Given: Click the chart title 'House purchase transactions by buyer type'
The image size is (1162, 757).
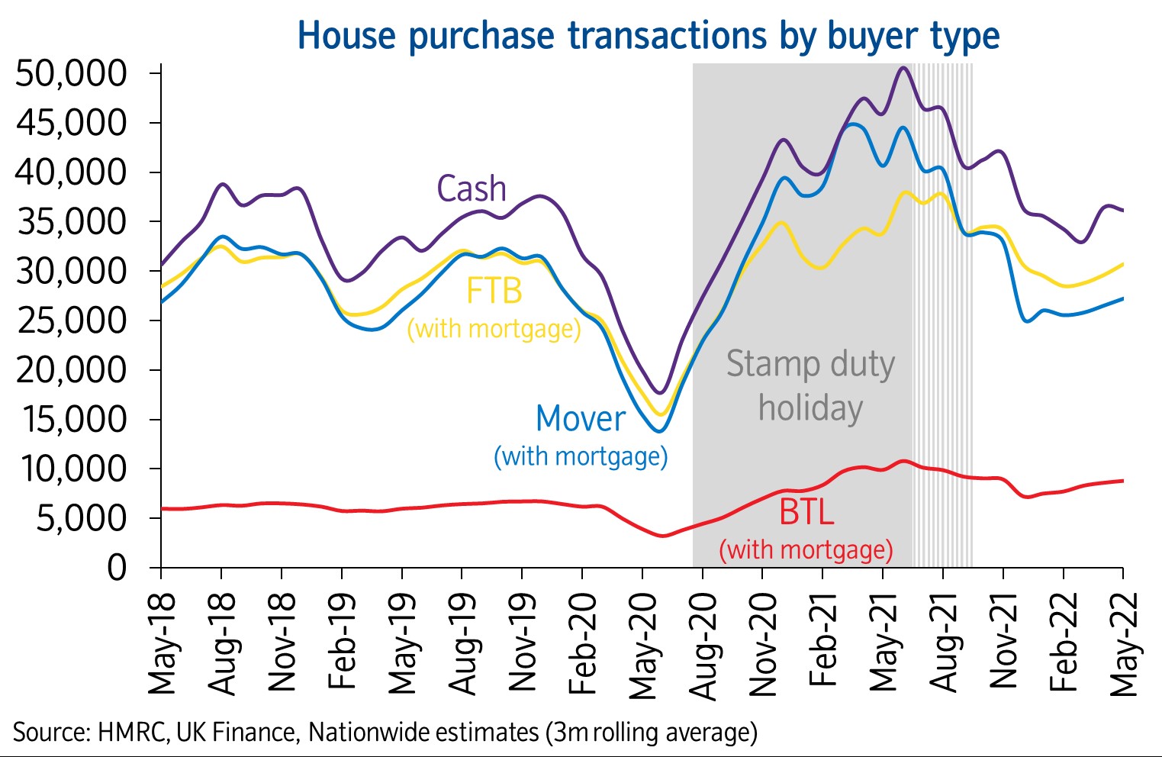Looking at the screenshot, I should pos(648,36).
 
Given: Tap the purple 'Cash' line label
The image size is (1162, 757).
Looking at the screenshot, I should pos(471,188).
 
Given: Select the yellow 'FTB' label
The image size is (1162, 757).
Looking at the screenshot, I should pos(494,291).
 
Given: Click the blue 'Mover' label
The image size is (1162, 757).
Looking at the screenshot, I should pos(580,418).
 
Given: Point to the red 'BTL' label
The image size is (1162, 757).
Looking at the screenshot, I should pos(806,511).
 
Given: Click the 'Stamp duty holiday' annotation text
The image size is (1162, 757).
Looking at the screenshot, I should pos(810,385).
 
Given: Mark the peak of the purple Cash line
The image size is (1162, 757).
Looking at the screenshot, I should pos(903,68).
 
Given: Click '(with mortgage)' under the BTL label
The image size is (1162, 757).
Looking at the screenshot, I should pos(806,549).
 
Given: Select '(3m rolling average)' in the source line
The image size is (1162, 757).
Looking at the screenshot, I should pos(651,733).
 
